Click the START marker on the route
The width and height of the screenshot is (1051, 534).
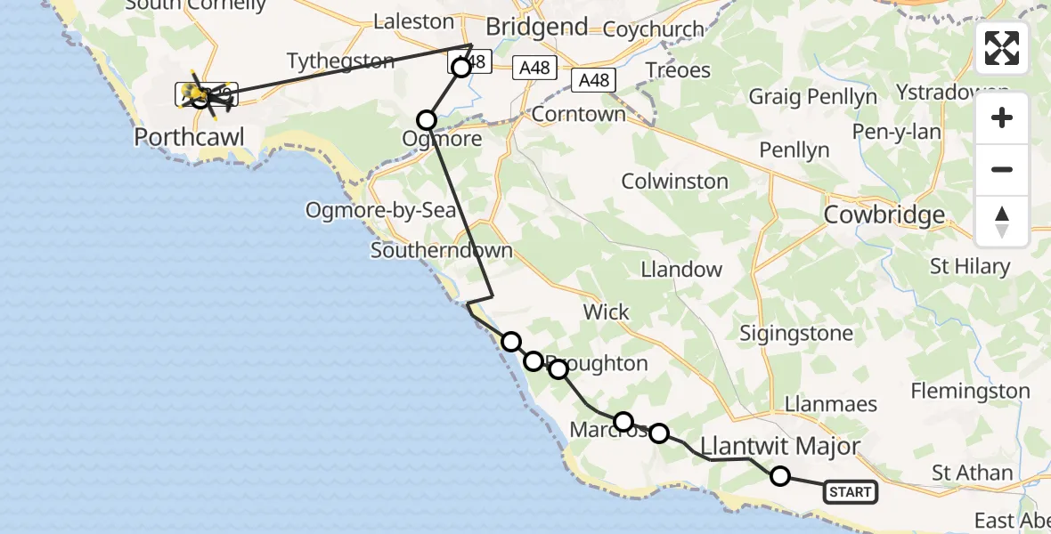click(x=850, y=491)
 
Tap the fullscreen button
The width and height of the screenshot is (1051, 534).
click(x=1002, y=48)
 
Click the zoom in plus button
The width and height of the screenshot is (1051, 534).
click(x=1002, y=118)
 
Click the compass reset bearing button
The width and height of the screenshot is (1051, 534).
click(x=1002, y=222)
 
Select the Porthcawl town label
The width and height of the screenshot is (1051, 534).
click(x=189, y=137)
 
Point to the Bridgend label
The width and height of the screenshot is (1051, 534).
click(x=537, y=27)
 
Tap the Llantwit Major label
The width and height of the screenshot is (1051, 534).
click(x=780, y=446)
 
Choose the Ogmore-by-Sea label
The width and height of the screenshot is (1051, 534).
click(x=381, y=211)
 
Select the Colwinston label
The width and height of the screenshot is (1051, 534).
click(x=674, y=181)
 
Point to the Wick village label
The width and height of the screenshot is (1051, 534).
click(x=606, y=311)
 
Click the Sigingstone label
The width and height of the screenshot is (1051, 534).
click(x=796, y=334)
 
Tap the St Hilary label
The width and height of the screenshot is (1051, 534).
click(x=969, y=266)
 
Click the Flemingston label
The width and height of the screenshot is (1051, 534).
click(x=970, y=391)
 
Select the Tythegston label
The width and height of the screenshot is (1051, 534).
click(x=340, y=61)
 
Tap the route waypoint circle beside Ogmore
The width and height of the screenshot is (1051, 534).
click(x=427, y=119)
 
